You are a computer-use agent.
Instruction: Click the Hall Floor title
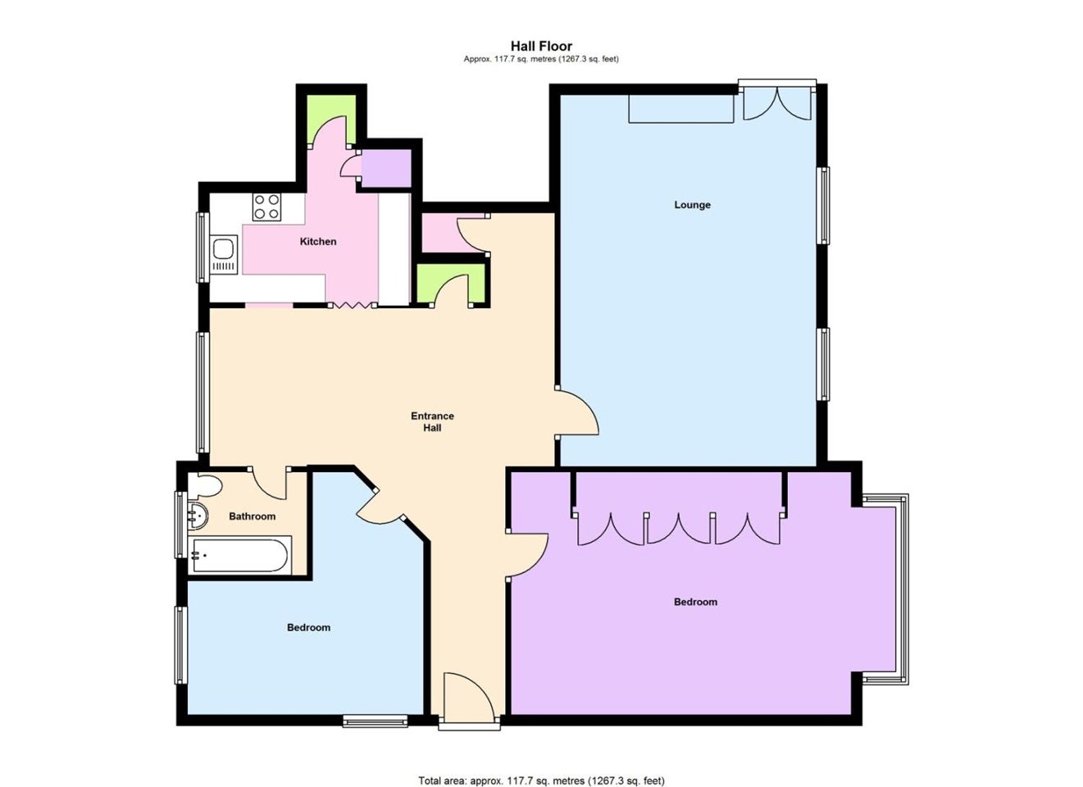[x=541, y=46]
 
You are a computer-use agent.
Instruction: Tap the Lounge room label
[x=692, y=204]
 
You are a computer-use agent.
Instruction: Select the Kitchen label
[x=318, y=241]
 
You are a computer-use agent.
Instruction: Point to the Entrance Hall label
[x=432, y=421]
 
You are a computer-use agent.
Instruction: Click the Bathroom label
[x=252, y=516]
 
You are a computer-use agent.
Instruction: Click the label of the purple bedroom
[x=695, y=602]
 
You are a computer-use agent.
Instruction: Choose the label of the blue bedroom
[x=308, y=627]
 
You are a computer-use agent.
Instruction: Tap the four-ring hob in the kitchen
[x=266, y=207]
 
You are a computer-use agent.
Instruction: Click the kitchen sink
[x=223, y=254]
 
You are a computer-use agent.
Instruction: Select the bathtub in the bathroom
[x=240, y=555]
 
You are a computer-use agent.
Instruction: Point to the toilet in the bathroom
[x=205, y=485]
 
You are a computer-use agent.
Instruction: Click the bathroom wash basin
[x=198, y=516]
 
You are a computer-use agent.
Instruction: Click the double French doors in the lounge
[x=777, y=102]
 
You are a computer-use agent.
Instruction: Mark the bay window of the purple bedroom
[x=885, y=589]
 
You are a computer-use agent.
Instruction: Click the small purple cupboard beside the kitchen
[x=386, y=169]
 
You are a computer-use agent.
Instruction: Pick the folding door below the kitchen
[x=352, y=305]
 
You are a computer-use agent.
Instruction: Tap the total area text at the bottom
[x=541, y=767]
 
